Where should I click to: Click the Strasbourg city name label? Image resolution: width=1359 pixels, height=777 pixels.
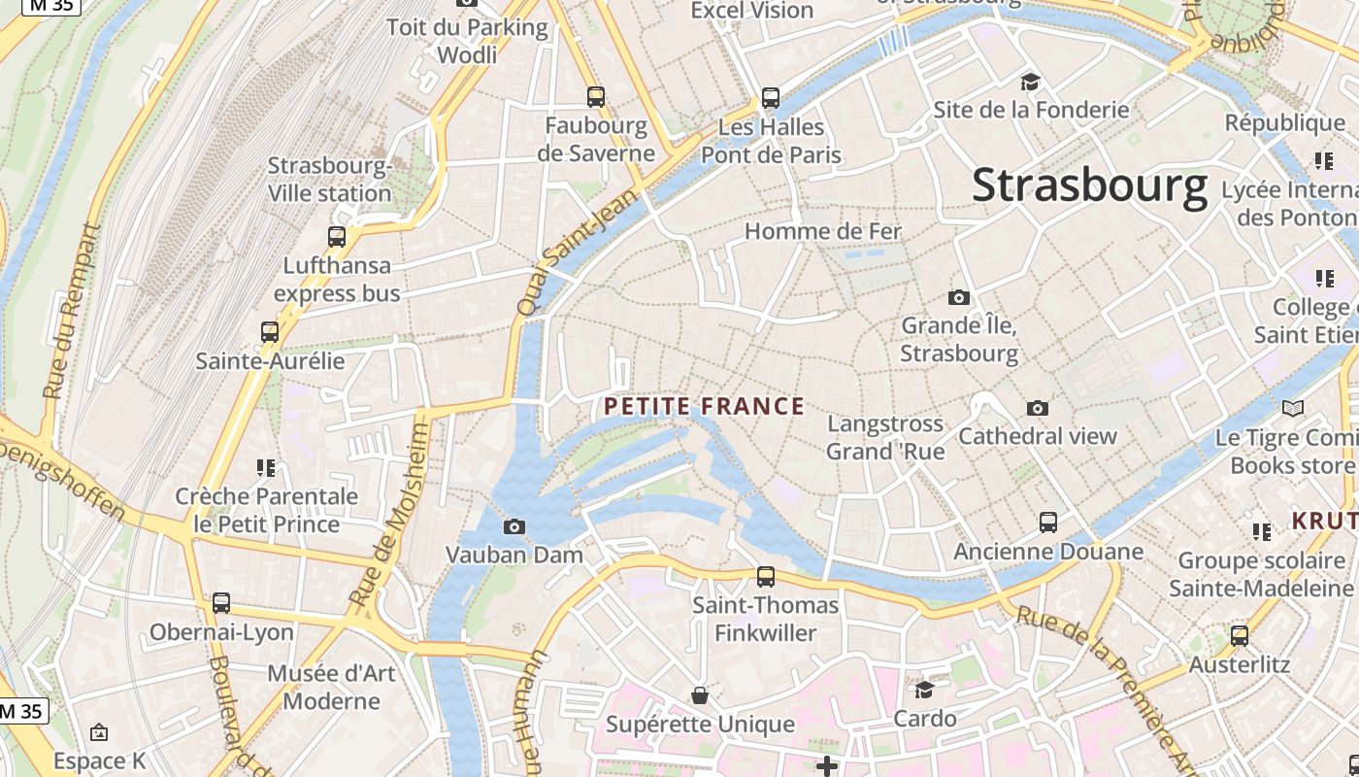[x=1089, y=185]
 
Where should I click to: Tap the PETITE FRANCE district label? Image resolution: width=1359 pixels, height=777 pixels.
[x=705, y=406]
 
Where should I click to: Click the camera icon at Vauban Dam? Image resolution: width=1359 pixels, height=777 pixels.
[x=514, y=526]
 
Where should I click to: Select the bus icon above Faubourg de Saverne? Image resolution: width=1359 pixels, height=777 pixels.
[x=596, y=96]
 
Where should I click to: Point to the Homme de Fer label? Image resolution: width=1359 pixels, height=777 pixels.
[x=823, y=231]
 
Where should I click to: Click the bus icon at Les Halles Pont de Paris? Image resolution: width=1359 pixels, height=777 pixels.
[x=771, y=97]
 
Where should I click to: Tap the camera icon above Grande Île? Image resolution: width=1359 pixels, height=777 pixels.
[x=959, y=297]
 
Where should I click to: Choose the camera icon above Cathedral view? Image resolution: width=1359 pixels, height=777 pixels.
[x=1038, y=408]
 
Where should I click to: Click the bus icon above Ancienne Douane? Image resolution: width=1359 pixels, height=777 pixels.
[x=1048, y=522]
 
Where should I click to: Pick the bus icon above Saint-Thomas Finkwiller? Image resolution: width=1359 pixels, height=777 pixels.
[x=766, y=576]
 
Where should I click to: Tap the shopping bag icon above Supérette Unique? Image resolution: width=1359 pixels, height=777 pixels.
[x=699, y=695]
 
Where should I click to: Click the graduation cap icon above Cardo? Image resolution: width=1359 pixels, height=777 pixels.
[x=924, y=690]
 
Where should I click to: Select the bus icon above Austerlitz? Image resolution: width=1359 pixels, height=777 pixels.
[x=1240, y=636]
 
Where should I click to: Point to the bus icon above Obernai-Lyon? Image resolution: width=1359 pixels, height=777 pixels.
[x=221, y=602]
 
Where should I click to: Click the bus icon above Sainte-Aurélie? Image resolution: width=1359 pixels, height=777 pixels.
[x=270, y=331]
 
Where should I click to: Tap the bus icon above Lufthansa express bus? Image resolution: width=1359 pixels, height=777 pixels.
[x=337, y=236]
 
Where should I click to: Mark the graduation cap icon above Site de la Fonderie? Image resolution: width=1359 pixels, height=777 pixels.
[x=1030, y=82]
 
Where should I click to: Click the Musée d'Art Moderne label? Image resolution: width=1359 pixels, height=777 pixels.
[x=331, y=687]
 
